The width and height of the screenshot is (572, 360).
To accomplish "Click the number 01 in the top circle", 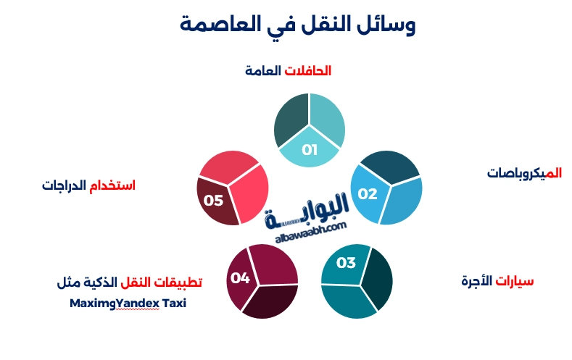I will pos(310,151).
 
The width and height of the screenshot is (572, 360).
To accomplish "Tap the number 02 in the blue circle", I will pos(368,193).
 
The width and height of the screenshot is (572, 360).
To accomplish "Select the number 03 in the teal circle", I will pos(346,262).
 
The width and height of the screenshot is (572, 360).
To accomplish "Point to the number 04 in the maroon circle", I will pos(240,277).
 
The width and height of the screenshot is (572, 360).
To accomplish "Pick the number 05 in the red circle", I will pos(213,200).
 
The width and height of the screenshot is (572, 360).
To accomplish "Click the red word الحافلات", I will pos(307,71).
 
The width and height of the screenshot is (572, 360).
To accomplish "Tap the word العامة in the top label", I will pos(262,71).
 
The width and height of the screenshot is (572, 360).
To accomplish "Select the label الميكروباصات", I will pos(524,173).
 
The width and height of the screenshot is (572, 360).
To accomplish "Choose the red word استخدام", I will pos(112,185).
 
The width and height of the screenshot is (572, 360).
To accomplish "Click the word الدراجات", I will pos(64,185).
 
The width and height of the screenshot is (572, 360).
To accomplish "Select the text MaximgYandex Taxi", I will pos(128,303).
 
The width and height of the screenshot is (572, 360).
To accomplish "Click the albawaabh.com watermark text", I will pos(311,231).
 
